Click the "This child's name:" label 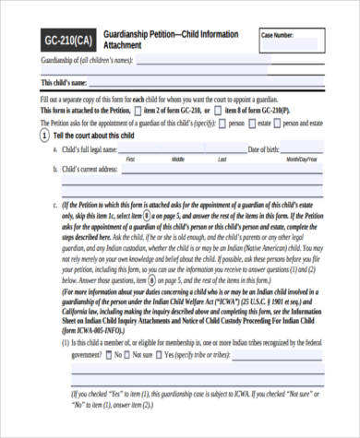pyautogui.click(x=69, y=83)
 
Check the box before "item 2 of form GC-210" pyautogui.click(x=138, y=109)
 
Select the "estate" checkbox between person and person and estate pyautogui.click(x=253, y=122)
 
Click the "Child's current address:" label pyautogui.click(x=90, y=171)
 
